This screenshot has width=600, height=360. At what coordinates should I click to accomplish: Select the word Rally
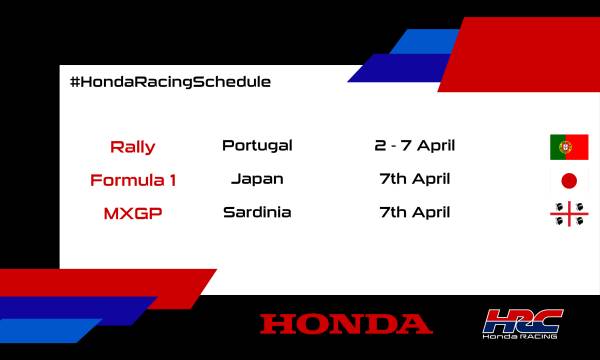tap(132, 147)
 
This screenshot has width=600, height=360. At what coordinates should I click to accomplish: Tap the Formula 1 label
tap(132, 181)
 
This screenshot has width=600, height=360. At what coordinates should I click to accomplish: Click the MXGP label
tap(132, 213)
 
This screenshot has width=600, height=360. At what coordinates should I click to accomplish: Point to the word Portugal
tap(257, 145)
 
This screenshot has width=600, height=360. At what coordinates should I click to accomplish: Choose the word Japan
tap(257, 179)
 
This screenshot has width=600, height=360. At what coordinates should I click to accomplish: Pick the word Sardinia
tap(257, 212)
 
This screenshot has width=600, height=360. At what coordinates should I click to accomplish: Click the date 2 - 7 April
tap(414, 145)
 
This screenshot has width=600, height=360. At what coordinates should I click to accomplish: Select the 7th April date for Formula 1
tap(414, 179)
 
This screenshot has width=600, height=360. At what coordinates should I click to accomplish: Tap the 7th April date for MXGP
tap(414, 212)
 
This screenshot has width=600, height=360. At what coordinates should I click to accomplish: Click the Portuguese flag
tap(569, 147)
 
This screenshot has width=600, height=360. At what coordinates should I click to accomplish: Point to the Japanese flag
tap(569, 181)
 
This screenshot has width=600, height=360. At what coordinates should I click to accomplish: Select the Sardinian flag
tap(569, 214)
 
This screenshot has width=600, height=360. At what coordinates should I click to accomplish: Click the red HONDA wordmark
tap(346, 324)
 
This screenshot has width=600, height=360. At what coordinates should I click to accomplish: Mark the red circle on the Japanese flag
tap(569, 181)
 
